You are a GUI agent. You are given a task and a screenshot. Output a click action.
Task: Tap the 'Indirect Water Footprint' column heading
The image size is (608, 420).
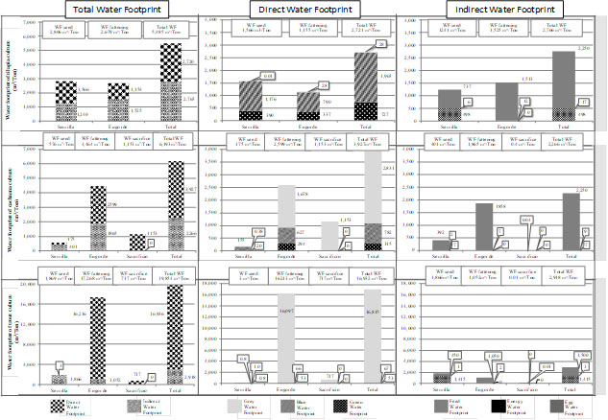point(499,10)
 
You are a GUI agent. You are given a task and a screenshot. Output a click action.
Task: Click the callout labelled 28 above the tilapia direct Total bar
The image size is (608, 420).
point(382,44)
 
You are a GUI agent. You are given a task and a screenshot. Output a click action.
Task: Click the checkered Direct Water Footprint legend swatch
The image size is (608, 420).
point(33,405)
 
